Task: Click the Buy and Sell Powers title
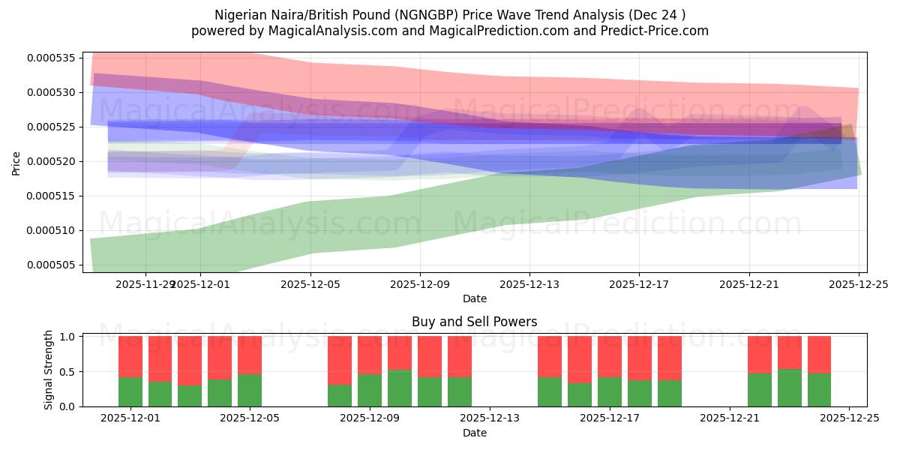(474, 322)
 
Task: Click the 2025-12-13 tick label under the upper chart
(529, 284)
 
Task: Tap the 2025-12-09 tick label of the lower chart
(370, 418)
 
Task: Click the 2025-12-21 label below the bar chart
(730, 418)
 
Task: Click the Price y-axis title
(16, 162)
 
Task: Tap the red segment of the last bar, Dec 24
(819, 354)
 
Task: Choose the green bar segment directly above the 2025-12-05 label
(250, 390)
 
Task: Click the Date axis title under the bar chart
(474, 433)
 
